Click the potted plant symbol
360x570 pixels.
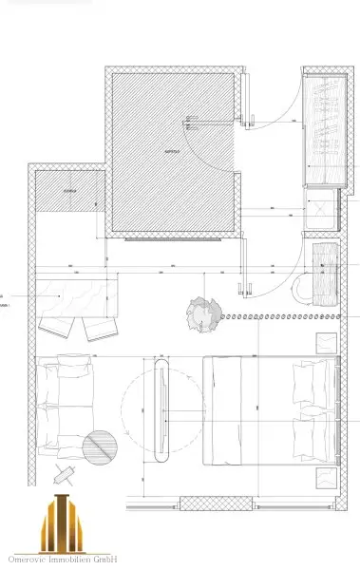pos(202,309)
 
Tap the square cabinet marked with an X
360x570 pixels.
pos(322,210)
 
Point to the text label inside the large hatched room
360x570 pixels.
pos(172,151)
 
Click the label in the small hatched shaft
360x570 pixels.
pos(68,192)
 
